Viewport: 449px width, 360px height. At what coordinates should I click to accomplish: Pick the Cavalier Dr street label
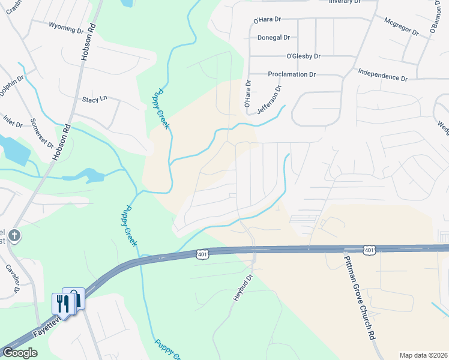13,278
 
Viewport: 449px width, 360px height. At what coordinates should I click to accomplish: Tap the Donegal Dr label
274,37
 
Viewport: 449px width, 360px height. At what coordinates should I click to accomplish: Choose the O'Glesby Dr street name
303,56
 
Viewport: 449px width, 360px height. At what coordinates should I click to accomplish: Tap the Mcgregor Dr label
403,28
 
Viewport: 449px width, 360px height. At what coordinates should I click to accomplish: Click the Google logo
20,353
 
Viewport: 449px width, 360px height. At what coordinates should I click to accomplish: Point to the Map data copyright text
423,355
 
